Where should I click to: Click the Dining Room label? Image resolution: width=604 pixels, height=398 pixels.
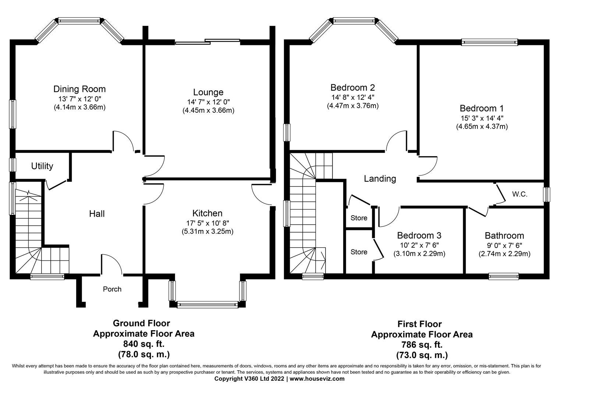[79, 89]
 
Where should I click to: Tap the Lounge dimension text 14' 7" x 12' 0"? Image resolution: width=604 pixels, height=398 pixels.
[208, 102]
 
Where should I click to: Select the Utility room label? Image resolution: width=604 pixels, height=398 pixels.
[42, 166]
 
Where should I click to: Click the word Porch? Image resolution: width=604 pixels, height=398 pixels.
[112, 289]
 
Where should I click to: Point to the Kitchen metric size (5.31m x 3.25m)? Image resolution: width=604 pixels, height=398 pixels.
[207, 231]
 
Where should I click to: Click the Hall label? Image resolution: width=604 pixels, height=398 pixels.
[97, 214]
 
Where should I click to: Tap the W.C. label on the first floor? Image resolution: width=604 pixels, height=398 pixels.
[520, 194]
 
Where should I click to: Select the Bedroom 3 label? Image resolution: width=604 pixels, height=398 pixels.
[419, 235]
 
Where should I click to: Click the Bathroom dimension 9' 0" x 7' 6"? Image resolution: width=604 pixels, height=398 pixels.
[504, 245]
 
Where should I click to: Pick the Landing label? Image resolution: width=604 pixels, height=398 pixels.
[380, 179]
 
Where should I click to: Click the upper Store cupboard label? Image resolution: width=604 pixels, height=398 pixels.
[359, 218]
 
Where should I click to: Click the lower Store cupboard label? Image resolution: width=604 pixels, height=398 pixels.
[359, 252]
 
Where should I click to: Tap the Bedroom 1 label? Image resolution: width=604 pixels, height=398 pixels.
[482, 108]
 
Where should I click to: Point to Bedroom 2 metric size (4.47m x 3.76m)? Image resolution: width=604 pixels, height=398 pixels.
[353, 106]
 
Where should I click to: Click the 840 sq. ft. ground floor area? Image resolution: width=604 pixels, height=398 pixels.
[143, 344]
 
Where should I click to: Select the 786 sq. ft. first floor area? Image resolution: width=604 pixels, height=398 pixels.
[422, 345]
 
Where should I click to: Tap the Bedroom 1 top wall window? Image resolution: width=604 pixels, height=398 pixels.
[490, 42]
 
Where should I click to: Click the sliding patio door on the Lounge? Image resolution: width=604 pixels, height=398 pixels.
[208, 42]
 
